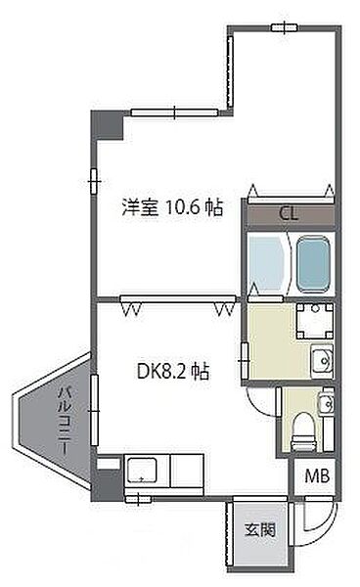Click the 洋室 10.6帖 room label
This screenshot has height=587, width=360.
[x=172, y=207]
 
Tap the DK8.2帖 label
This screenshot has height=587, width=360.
[x=173, y=372]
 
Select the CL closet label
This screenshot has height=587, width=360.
[x=289, y=213]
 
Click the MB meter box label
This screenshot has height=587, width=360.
[x=317, y=475]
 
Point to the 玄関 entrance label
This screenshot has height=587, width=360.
[x=260, y=529]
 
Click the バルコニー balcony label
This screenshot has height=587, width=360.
[x=66, y=422]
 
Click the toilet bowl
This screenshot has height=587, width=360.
[x=304, y=431]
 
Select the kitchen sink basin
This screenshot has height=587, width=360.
[x=142, y=471]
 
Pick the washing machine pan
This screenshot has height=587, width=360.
[x=315, y=321]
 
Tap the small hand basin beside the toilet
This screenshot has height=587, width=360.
[x=327, y=403]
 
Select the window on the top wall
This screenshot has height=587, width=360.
[x=285, y=27]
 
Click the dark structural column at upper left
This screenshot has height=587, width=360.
[x=108, y=124]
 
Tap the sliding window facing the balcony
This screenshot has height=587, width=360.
[x=94, y=410]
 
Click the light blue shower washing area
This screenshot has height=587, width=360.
[x=266, y=263]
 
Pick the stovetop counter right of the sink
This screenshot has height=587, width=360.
[x=187, y=471]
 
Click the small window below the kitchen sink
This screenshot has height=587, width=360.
[x=138, y=499]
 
